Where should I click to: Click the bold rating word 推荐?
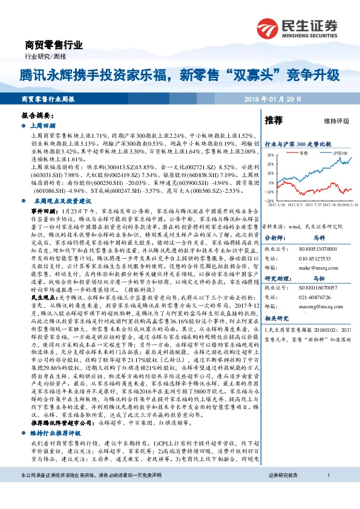click(274, 121)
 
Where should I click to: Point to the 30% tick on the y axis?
click(270, 155)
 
